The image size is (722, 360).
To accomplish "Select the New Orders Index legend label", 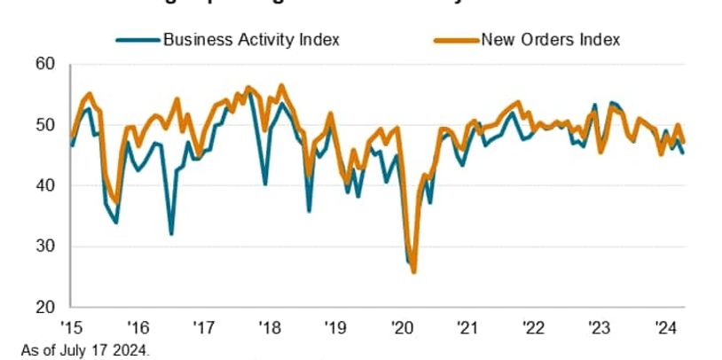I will [x=550, y=39].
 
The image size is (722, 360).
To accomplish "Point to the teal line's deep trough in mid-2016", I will [x=171, y=234].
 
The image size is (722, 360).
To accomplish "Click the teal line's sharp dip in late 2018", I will [x=309, y=211].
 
